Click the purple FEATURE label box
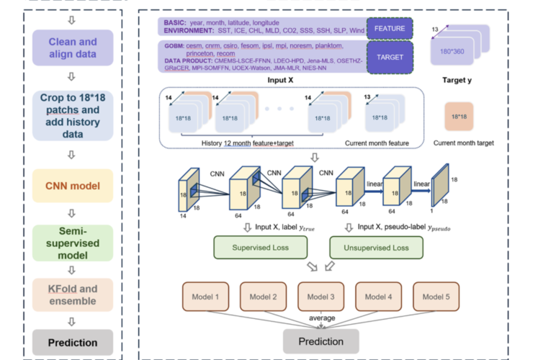[x=389, y=29]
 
